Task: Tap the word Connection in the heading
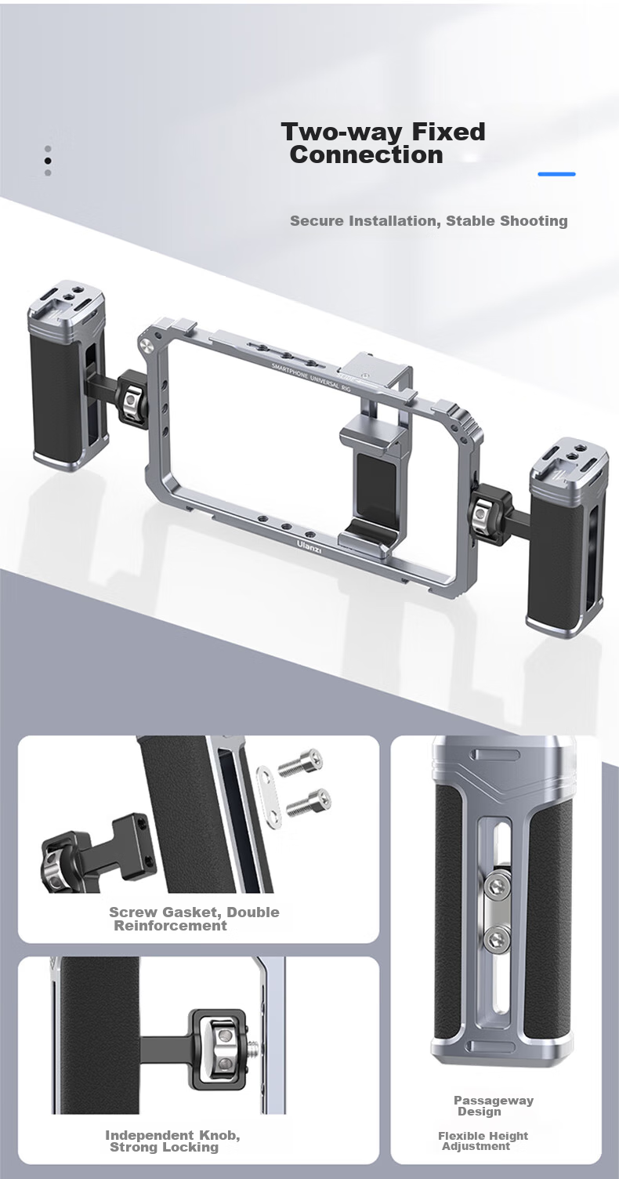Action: (x=366, y=154)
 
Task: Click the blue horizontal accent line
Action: (x=556, y=174)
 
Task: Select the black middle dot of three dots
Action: (x=48, y=161)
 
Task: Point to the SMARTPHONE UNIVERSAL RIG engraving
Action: (x=311, y=376)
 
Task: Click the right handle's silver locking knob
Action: (x=482, y=513)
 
